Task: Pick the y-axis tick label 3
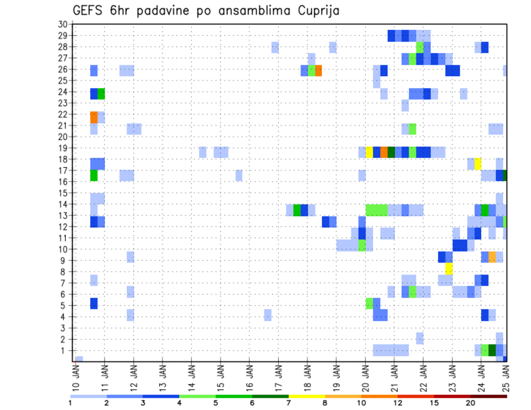64,328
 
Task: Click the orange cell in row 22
94,117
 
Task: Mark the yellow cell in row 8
449,269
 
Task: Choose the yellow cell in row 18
478,164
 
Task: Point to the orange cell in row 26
319,70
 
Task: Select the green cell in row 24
101,93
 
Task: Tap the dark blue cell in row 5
94,303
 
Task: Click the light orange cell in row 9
492,257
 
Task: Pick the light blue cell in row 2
420,338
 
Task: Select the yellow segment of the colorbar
307,396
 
